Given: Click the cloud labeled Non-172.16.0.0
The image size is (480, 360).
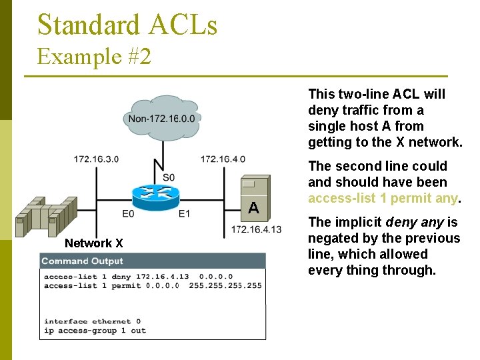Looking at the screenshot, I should tap(162, 118).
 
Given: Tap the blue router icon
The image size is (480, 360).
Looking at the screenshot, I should tap(156, 195).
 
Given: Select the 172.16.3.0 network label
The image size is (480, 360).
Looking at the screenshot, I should tap(96, 159).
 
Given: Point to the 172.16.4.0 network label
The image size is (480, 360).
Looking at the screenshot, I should tap(223, 159).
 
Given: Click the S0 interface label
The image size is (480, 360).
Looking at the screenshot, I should tap(169, 177).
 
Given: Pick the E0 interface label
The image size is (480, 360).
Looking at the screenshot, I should tap(128, 213).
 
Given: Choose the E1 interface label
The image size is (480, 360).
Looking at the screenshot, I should tap(184, 213).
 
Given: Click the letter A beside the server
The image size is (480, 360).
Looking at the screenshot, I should tap(253, 208).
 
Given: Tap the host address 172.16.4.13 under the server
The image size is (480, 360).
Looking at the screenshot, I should tap(256, 230).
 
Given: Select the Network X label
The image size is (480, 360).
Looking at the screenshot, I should tap(93, 243).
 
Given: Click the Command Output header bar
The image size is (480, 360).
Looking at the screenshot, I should tap(153, 261).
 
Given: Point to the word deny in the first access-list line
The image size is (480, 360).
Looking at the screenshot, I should tap(121, 276).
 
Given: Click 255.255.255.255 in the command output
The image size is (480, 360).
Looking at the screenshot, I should tap(225, 285).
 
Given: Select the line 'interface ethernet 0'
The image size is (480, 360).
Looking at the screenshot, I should tap(92, 321).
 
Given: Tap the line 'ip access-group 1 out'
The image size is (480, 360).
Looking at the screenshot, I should tap(95, 331).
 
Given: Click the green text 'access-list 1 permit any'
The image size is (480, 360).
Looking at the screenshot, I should tap(383, 198).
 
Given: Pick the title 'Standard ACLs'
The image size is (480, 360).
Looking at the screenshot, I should tap(127, 25).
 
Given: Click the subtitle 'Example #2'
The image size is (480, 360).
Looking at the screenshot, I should tap(94, 56).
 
